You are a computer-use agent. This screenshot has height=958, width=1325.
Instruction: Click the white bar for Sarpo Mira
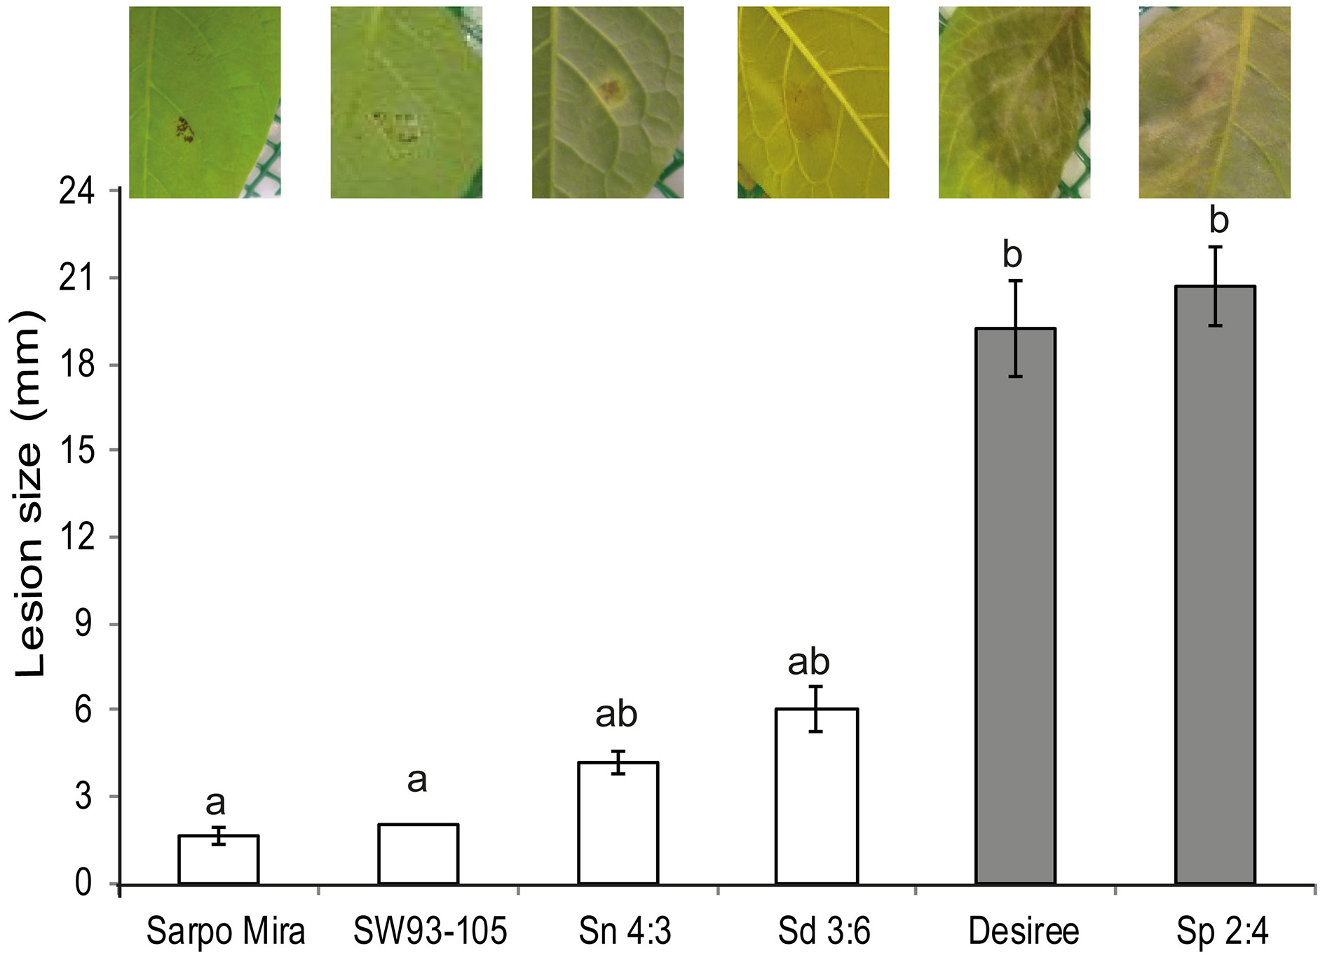point(219,860)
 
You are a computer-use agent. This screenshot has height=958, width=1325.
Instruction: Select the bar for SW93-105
point(418,854)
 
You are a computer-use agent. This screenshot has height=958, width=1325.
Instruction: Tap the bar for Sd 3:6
point(817,797)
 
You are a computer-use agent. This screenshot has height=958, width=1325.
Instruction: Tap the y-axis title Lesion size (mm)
point(29,494)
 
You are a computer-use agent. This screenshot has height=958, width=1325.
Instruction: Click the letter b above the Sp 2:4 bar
point(1218,221)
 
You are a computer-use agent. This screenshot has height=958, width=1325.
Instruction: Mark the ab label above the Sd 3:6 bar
point(808,661)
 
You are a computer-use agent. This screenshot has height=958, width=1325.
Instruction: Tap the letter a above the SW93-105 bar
point(416,780)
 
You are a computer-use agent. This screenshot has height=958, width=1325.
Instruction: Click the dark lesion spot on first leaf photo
point(185,130)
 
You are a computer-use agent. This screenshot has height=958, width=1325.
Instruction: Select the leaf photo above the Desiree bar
point(1014,102)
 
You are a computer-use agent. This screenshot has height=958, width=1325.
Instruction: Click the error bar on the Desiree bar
point(1016,328)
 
